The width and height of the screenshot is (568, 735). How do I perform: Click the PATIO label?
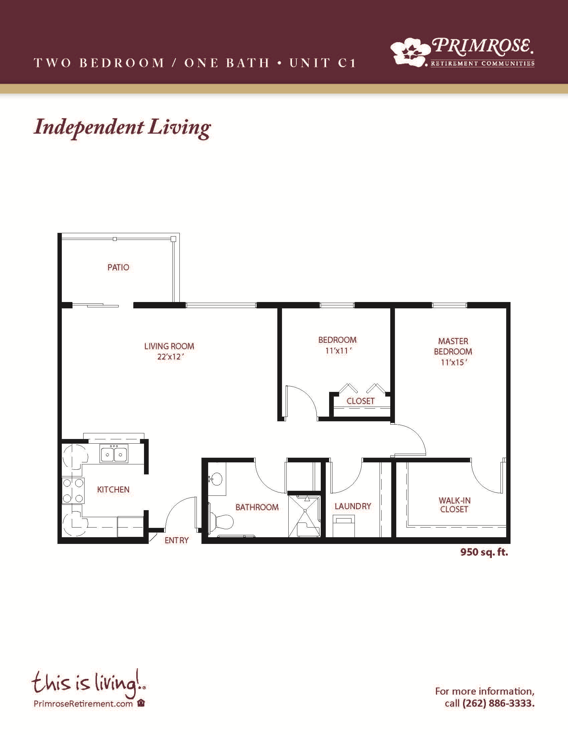pos(118,268)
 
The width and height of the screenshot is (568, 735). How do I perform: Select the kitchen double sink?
pos(114,453)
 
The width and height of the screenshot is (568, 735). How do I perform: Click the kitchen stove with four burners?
pos(73,491)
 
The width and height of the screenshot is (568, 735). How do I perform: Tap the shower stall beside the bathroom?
pos(304,516)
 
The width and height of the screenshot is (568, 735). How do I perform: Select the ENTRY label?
pos(176,540)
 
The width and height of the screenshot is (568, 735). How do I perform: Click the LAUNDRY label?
pos(352,506)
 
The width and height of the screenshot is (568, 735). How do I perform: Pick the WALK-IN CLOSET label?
pos(454,505)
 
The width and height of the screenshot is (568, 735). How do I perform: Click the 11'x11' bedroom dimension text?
pos(338,351)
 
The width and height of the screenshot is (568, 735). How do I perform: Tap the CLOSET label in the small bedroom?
pos(361,401)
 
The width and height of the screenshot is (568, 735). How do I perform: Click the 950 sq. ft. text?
pos(484,552)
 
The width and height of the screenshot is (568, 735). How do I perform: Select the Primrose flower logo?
pos(411,51)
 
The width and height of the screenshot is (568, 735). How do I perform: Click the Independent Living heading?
pos(123,128)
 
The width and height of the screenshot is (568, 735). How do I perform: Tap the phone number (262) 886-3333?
pos(499,703)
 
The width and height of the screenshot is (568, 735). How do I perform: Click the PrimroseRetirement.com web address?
pos(83,703)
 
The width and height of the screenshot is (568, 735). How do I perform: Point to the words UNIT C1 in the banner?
pos(322,63)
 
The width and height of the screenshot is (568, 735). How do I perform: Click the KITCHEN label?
pos(113,490)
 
